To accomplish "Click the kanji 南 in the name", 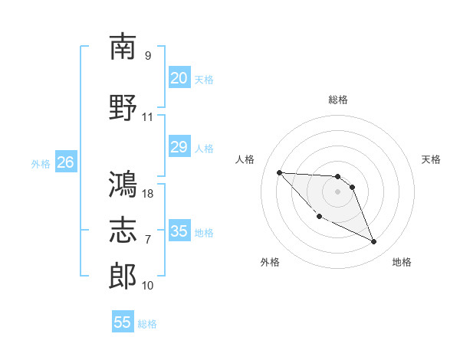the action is (x=123, y=46).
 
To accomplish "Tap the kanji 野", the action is (x=123, y=107).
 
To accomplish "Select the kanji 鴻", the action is (x=123, y=184).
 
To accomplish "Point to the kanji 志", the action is (x=123, y=230).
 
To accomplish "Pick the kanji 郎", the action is (x=123, y=276).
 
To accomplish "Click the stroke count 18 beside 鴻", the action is (x=147, y=194).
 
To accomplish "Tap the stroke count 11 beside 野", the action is (x=147, y=117).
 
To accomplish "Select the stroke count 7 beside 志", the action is (x=148, y=240).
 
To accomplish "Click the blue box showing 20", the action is (x=179, y=77).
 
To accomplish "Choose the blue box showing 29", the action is (x=179, y=146).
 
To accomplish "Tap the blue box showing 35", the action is (x=179, y=230).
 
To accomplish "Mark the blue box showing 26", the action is (x=66, y=162).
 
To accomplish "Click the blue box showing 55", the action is (x=123, y=321).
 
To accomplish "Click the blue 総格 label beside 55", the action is (x=147, y=324).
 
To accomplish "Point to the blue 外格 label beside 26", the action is (x=41, y=164).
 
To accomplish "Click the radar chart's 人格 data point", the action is (x=280, y=172).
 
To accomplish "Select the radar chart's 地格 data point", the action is (x=374, y=241).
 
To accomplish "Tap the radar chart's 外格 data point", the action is (x=320, y=217).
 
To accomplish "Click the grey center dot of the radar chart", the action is (x=337, y=191).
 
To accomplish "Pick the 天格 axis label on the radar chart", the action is (x=431, y=159).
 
